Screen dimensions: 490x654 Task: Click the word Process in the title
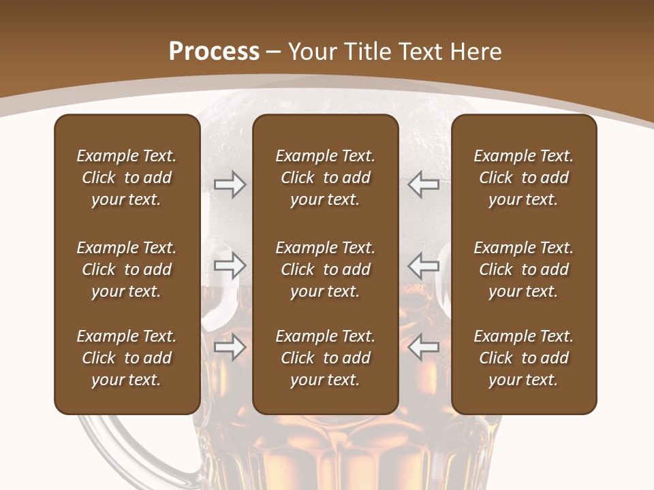click(x=214, y=52)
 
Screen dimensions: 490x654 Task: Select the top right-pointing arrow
click(x=230, y=184)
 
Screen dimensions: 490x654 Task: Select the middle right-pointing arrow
click(x=230, y=265)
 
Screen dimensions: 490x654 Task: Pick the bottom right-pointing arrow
click(x=230, y=348)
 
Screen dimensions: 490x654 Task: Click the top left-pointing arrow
click(x=424, y=184)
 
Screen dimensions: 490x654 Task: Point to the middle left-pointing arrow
click(x=424, y=265)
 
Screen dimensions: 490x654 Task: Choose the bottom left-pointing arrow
click(x=424, y=348)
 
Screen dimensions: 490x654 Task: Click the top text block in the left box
click(x=127, y=178)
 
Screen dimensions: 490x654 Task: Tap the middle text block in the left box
click(x=127, y=269)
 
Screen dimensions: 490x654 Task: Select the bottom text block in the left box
click(x=127, y=358)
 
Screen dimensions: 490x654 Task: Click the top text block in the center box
click(x=325, y=178)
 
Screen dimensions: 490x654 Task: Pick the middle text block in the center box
click(x=325, y=269)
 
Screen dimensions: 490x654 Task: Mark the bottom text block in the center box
click(x=325, y=358)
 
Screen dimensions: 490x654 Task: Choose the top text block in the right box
click(x=523, y=178)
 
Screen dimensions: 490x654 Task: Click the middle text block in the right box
click(x=523, y=269)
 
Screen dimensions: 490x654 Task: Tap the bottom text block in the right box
click(x=523, y=358)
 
